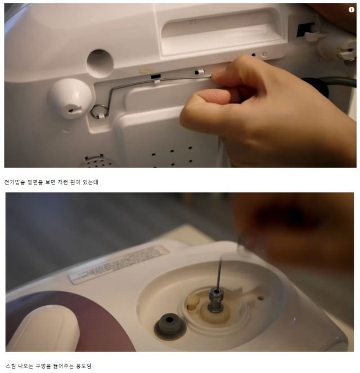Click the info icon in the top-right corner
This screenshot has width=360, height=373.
[x=352, y=10]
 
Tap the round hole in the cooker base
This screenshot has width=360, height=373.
[x=100, y=62]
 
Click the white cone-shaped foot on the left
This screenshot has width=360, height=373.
[x=69, y=99]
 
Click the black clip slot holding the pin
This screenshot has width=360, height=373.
[x=156, y=75]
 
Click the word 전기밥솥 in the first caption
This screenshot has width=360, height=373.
[x=16, y=182]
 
